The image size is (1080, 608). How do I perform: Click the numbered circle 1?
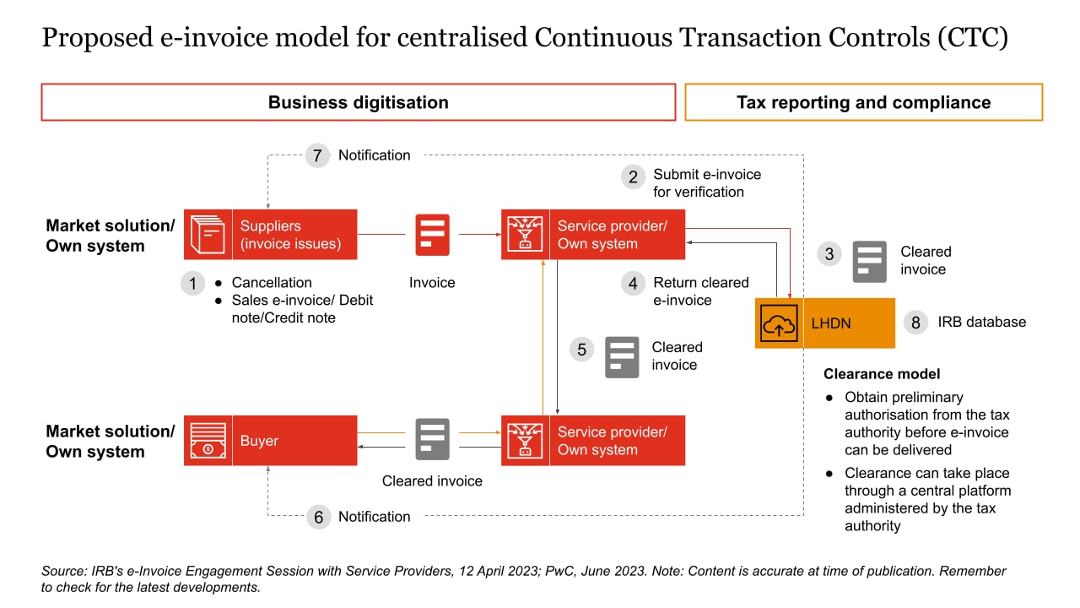[192, 284]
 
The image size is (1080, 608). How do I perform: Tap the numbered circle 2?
[633, 176]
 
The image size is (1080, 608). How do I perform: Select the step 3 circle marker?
[830, 253]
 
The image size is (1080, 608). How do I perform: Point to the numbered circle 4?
[633, 284]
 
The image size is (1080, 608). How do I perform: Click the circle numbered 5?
[581, 350]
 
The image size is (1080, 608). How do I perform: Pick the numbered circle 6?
[318, 517]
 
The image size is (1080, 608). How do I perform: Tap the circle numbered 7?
[318, 155]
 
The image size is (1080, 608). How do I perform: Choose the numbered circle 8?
[915, 323]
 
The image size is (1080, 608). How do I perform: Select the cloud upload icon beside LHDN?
[778, 323]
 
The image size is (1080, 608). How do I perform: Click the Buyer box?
[271, 441]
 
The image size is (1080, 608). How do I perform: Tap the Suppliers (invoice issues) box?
[271, 235]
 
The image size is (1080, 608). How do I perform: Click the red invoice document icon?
[432, 235]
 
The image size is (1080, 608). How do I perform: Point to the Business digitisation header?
[359, 103]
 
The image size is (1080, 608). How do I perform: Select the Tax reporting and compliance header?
[863, 103]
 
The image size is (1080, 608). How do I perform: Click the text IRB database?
[981, 323]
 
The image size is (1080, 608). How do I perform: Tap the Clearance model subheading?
[882, 374]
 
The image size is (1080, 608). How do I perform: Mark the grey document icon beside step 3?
[869, 261]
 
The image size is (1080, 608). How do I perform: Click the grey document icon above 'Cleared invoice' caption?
[432, 439]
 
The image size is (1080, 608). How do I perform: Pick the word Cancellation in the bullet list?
[272, 283]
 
